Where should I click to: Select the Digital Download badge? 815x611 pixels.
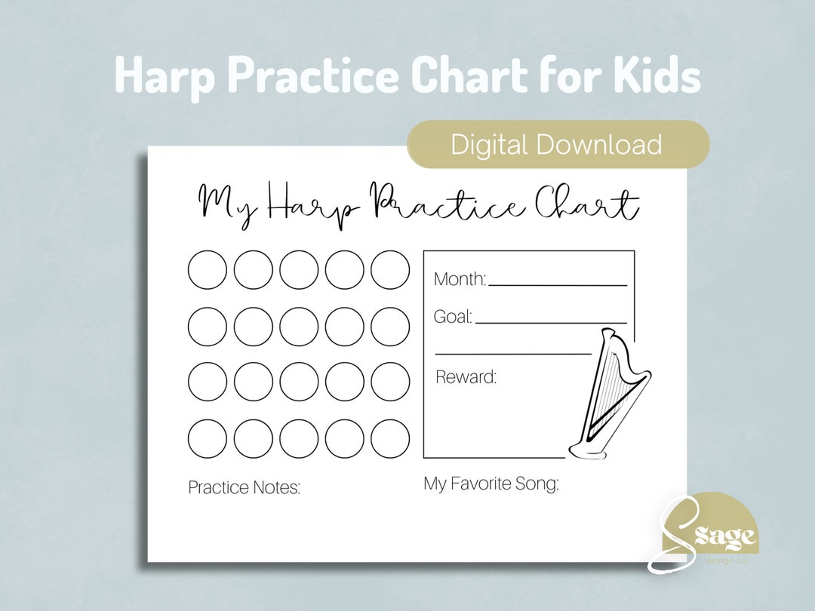coord(557,144)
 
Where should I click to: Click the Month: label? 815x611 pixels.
coord(460,279)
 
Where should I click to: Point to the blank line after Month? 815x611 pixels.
coord(558,285)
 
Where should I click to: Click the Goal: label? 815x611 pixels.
coord(453,317)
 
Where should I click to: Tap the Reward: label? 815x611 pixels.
coord(466,377)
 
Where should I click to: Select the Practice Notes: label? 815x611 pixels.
coord(244,488)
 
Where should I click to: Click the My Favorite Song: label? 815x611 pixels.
coord(491,484)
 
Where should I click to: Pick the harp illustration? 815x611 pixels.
coord(611,396)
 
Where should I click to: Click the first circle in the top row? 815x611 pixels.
coord(208,270)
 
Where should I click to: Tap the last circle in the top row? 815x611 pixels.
coord(390,270)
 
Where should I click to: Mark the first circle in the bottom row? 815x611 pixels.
coord(208,438)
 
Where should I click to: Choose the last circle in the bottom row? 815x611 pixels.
coord(390,438)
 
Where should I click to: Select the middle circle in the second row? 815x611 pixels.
coord(299,327)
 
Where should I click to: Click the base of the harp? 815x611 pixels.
coord(589,451)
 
